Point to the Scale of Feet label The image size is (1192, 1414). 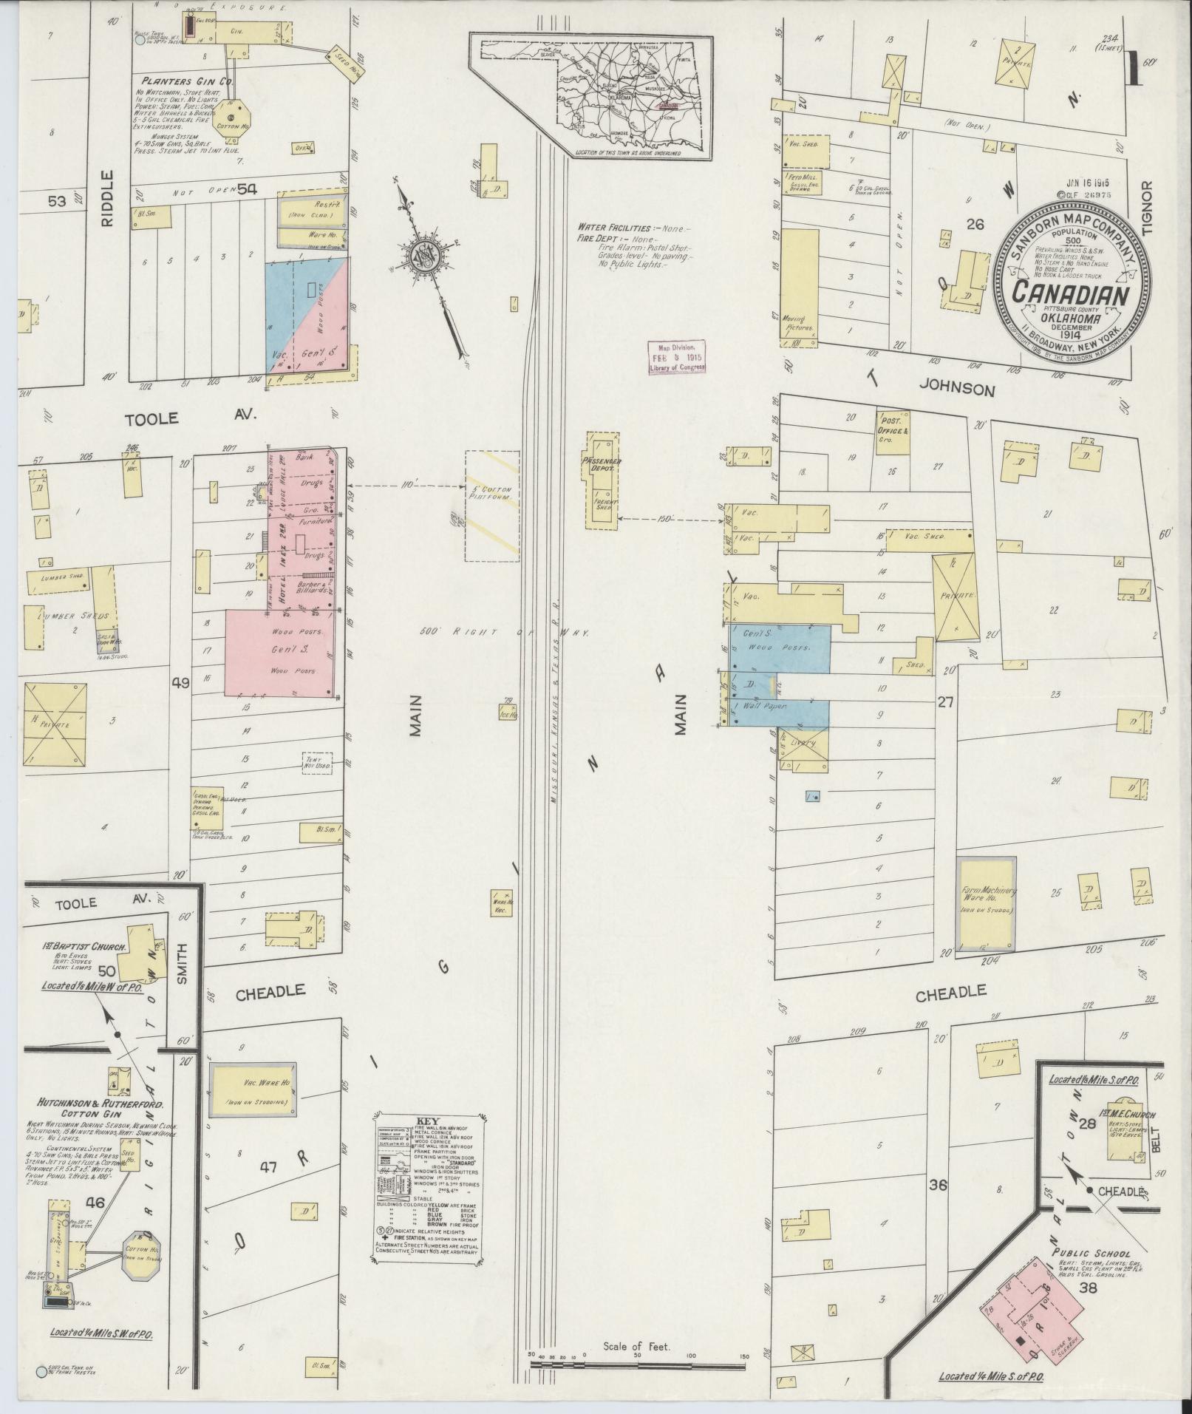pyautogui.click(x=636, y=1347)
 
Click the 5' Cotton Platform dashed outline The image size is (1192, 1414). pyautogui.click(x=492, y=506)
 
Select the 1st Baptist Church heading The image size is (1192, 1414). pyautogui.click(x=84, y=946)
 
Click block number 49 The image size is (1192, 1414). pyautogui.click(x=180, y=683)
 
